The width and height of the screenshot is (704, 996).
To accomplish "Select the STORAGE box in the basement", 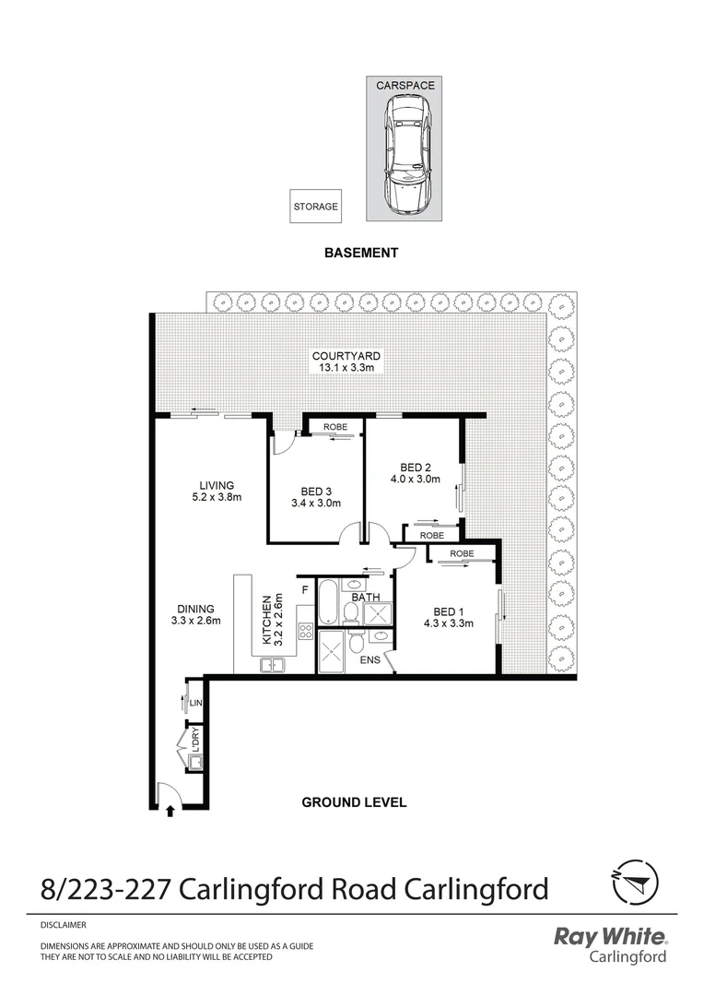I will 316,207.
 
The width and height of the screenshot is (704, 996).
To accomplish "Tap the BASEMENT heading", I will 361,253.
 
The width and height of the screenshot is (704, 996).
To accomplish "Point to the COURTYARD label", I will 346,356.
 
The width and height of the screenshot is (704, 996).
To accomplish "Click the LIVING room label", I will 217,485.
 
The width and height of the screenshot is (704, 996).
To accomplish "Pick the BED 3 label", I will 316,491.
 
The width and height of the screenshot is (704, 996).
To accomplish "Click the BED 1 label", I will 448,611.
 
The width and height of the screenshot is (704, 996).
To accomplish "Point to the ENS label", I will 370,660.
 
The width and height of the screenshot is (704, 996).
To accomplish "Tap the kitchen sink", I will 274,663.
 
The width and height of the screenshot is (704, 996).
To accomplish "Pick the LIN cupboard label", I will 194,703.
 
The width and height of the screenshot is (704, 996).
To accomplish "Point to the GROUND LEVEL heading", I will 354,802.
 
